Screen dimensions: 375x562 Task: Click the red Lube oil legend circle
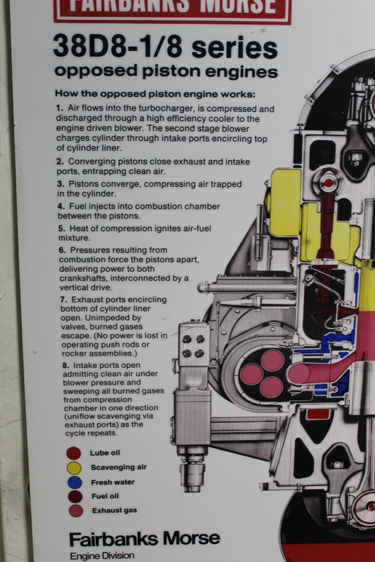point(74,453)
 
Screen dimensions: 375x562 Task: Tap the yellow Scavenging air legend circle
point(74,468)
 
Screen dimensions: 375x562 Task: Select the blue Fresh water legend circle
point(74,482)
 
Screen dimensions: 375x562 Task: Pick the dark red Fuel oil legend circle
point(76,497)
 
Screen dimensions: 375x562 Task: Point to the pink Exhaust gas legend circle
point(76,510)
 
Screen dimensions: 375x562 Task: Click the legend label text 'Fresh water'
point(112,482)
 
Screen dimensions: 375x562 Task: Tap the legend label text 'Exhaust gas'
point(114,510)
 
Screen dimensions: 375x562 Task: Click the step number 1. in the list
point(59,108)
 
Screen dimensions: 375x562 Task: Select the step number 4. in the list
point(61,207)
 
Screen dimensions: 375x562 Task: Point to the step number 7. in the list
point(63,300)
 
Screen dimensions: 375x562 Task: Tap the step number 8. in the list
point(65,365)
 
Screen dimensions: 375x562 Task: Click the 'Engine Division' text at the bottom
point(102,556)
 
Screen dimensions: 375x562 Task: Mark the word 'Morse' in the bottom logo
point(191,539)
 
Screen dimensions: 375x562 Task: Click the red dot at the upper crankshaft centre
point(328,183)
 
